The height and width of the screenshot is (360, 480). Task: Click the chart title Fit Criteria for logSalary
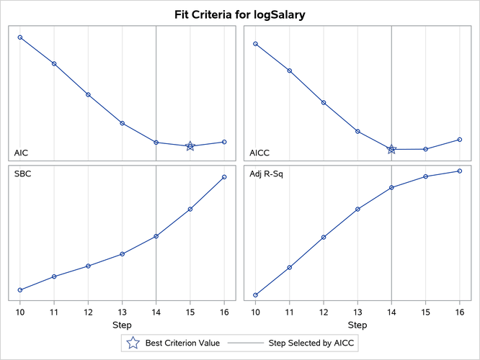[240, 14]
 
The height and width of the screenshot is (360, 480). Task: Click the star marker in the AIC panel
[190, 146]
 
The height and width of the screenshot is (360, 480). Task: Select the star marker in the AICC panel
[391, 149]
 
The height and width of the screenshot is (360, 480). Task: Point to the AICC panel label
[260, 153]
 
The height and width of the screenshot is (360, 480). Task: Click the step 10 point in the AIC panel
[20, 37]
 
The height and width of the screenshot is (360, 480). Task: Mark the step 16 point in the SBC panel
[224, 177]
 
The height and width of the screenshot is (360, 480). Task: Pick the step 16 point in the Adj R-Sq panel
[460, 171]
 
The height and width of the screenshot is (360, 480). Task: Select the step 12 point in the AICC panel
[324, 103]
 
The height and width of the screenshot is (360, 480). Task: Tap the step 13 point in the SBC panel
[123, 254]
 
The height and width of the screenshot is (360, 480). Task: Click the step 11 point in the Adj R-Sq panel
[290, 267]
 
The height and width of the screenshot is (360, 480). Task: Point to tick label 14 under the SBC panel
[156, 311]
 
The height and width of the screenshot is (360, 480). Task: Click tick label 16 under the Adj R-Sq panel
[460, 311]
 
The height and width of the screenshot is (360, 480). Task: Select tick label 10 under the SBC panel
[20, 311]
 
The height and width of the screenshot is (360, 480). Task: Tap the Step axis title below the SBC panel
[122, 325]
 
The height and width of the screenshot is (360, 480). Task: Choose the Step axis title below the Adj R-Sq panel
[357, 325]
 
